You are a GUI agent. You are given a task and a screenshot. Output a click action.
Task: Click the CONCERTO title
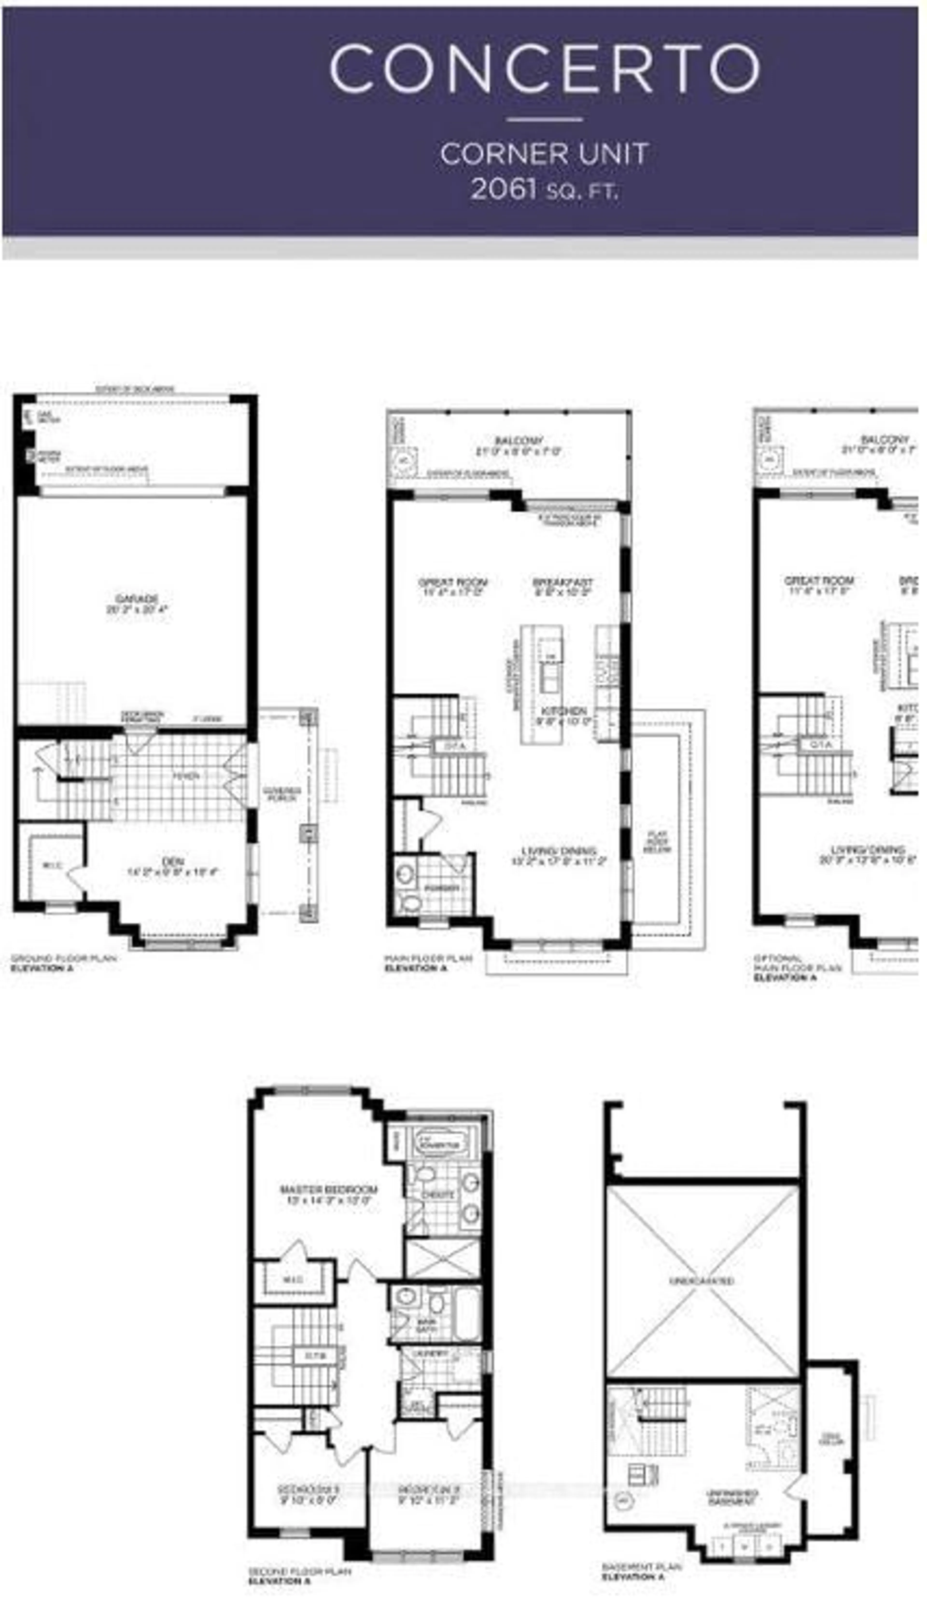tap(544, 69)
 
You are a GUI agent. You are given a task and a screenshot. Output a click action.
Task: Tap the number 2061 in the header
tap(503, 189)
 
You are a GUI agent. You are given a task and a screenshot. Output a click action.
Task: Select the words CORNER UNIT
tap(544, 154)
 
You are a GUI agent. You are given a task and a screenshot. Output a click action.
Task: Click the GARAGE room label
tap(137, 599)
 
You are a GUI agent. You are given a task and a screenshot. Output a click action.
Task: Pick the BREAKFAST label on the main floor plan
tap(563, 582)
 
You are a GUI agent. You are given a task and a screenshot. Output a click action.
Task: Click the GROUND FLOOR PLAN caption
tap(64, 958)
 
